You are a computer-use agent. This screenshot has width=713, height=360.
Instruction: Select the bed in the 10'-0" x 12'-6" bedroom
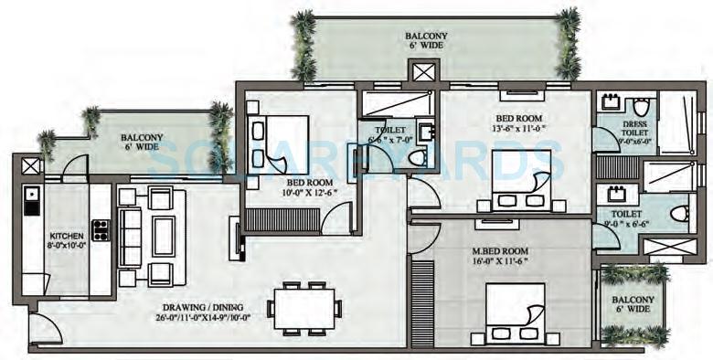coord(277,145)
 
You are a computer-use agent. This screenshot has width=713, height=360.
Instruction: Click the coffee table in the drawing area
coord(165,235)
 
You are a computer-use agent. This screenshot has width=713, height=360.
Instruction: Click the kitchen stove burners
coord(100,229)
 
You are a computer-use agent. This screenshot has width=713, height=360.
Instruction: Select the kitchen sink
coord(31,195)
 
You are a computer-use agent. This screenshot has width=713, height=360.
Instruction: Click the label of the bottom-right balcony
coord(633,305)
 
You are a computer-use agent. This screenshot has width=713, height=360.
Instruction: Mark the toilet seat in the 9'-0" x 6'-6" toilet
coord(677,213)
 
